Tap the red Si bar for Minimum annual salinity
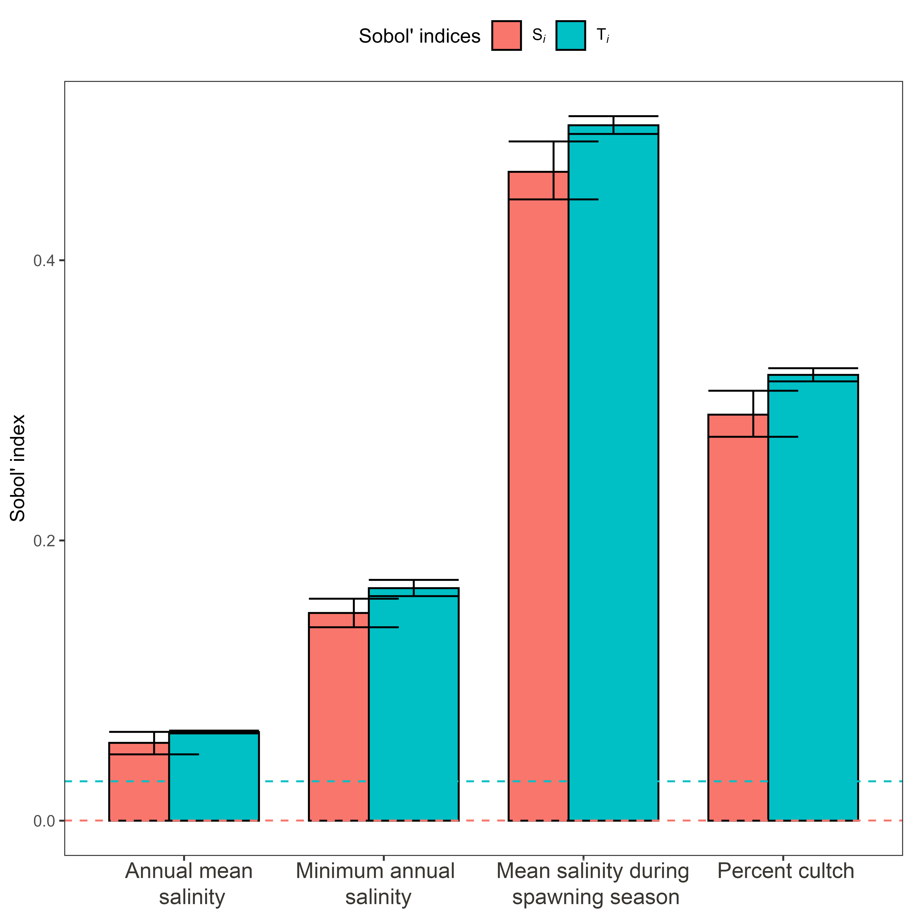point(338,718)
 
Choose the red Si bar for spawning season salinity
point(538,496)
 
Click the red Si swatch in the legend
point(506,35)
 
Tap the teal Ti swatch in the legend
point(570,35)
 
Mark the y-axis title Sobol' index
point(18,468)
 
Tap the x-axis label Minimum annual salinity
point(375,884)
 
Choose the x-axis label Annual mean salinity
point(189,884)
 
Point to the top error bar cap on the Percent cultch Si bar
point(753,391)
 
